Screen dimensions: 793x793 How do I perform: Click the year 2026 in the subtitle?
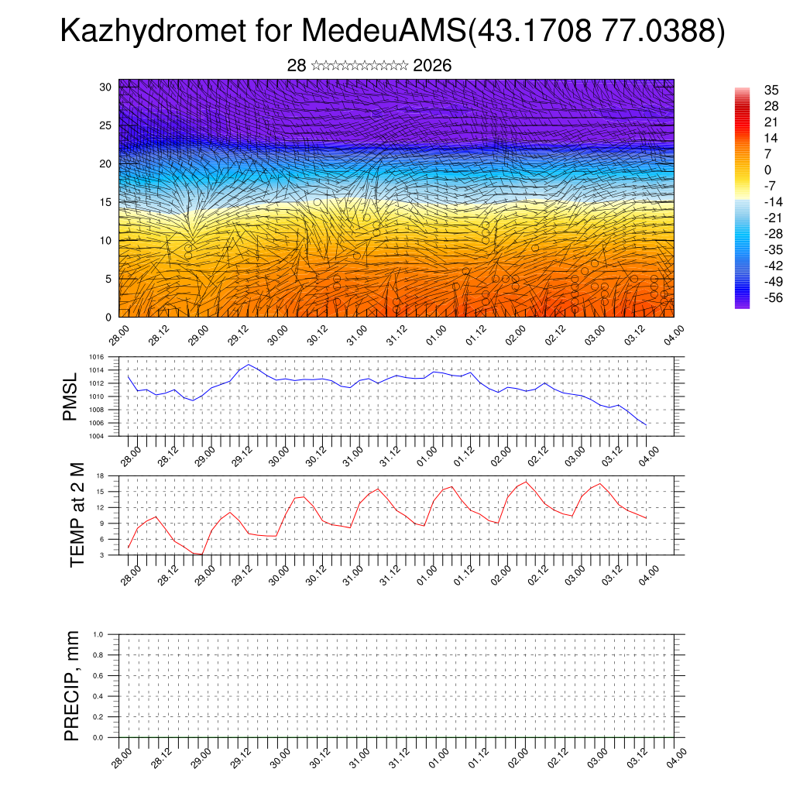click(x=432, y=66)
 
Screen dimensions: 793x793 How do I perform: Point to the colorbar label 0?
click(x=768, y=170)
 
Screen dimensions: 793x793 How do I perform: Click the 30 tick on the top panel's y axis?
click(x=105, y=87)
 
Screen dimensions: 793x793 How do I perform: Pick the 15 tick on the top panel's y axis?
click(x=105, y=202)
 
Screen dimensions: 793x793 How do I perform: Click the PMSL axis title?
click(x=70, y=397)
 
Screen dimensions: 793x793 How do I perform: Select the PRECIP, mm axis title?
click(x=72, y=685)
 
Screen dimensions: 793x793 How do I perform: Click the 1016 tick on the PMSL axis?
click(x=96, y=357)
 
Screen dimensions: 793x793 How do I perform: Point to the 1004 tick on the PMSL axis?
click(x=96, y=436)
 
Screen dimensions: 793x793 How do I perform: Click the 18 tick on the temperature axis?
click(x=101, y=475)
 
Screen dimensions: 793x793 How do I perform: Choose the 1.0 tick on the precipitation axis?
click(x=98, y=634)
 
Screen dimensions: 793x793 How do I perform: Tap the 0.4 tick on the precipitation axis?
click(x=98, y=696)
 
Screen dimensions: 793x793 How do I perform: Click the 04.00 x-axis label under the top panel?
click(x=673, y=336)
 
